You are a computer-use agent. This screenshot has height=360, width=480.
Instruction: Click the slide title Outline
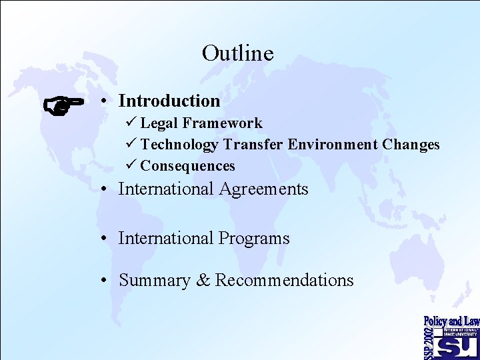(x=237, y=53)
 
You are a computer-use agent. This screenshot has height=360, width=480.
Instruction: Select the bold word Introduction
(x=169, y=101)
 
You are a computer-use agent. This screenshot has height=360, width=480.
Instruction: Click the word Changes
(x=411, y=145)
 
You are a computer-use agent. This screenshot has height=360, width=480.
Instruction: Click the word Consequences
(x=187, y=166)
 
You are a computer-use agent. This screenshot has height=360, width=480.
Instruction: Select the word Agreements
(x=263, y=189)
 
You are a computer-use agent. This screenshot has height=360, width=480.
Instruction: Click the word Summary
(x=154, y=281)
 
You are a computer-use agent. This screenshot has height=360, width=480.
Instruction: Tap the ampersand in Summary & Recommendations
(x=203, y=281)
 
